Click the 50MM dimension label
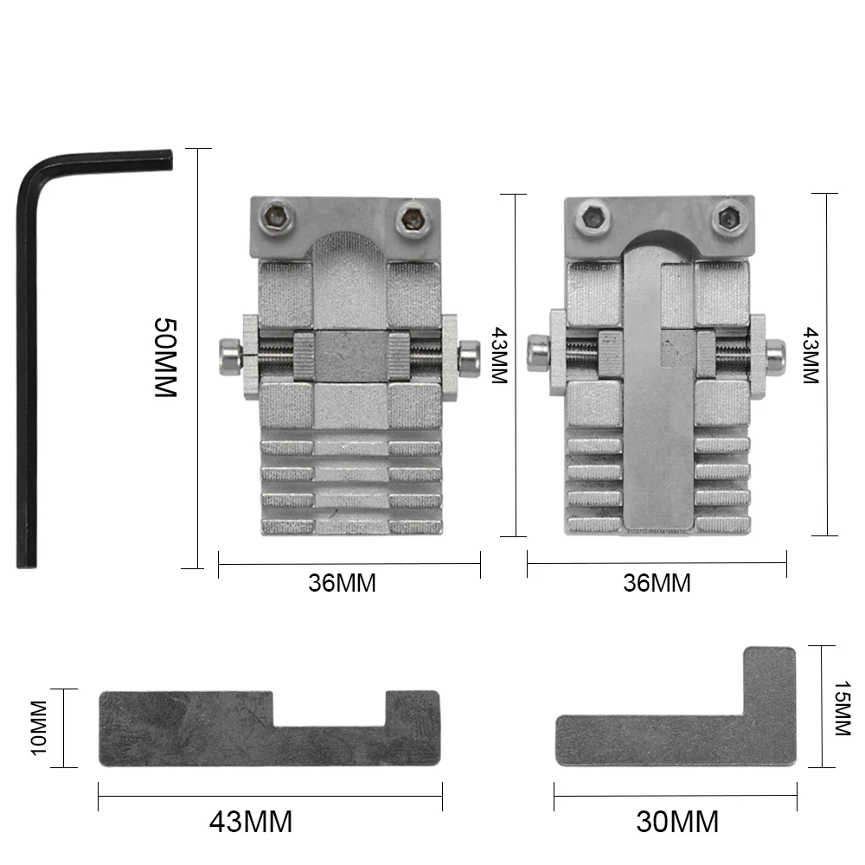point(165,357)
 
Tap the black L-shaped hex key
point(27,359)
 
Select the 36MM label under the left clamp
point(342,583)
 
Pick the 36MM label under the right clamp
point(657,583)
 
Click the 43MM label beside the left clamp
point(499,356)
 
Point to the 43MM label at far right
point(811,356)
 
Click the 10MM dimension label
point(39,727)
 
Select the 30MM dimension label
point(677,822)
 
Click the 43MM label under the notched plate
point(251,822)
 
